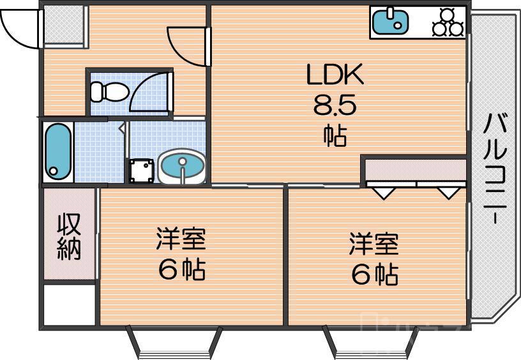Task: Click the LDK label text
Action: pos(335,76)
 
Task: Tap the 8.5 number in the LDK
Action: pos(334,105)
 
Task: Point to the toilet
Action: pos(107,92)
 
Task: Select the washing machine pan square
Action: pos(142,170)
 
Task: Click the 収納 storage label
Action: pos(69,236)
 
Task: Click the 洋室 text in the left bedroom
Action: pos(181,241)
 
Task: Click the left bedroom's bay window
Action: pos(174,341)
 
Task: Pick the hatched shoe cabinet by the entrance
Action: pos(64,26)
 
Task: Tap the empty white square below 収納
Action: pos(69,305)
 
